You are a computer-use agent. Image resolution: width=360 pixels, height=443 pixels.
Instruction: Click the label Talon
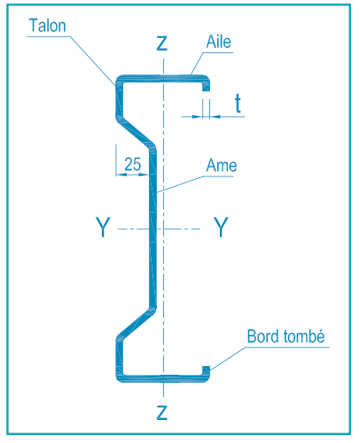(47, 26)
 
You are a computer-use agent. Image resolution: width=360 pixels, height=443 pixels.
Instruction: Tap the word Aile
(218, 42)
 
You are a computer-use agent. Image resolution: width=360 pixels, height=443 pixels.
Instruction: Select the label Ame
(222, 166)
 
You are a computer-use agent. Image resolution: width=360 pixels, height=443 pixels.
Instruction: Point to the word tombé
(304, 337)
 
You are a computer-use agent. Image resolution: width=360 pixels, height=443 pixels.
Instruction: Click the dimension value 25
(133, 164)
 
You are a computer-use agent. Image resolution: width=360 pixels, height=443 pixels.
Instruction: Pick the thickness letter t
(238, 103)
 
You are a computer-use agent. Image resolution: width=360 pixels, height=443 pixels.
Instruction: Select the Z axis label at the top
(162, 43)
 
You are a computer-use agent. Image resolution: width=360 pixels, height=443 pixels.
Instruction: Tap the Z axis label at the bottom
(162, 413)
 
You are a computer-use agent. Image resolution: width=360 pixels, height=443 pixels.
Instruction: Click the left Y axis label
(103, 227)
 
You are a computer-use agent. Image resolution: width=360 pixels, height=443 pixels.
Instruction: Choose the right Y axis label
(221, 227)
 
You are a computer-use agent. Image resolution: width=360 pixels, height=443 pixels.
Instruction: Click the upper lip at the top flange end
(206, 86)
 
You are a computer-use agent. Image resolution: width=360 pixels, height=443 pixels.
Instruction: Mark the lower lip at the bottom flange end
(206, 370)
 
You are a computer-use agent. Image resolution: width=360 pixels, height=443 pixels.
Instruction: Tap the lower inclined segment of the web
(136, 323)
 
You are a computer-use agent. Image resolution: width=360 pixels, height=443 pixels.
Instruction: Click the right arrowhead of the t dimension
(215, 117)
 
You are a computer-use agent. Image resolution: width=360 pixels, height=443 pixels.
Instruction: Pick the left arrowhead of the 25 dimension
(121, 175)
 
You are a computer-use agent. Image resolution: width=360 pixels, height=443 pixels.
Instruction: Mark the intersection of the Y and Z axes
(163, 229)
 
